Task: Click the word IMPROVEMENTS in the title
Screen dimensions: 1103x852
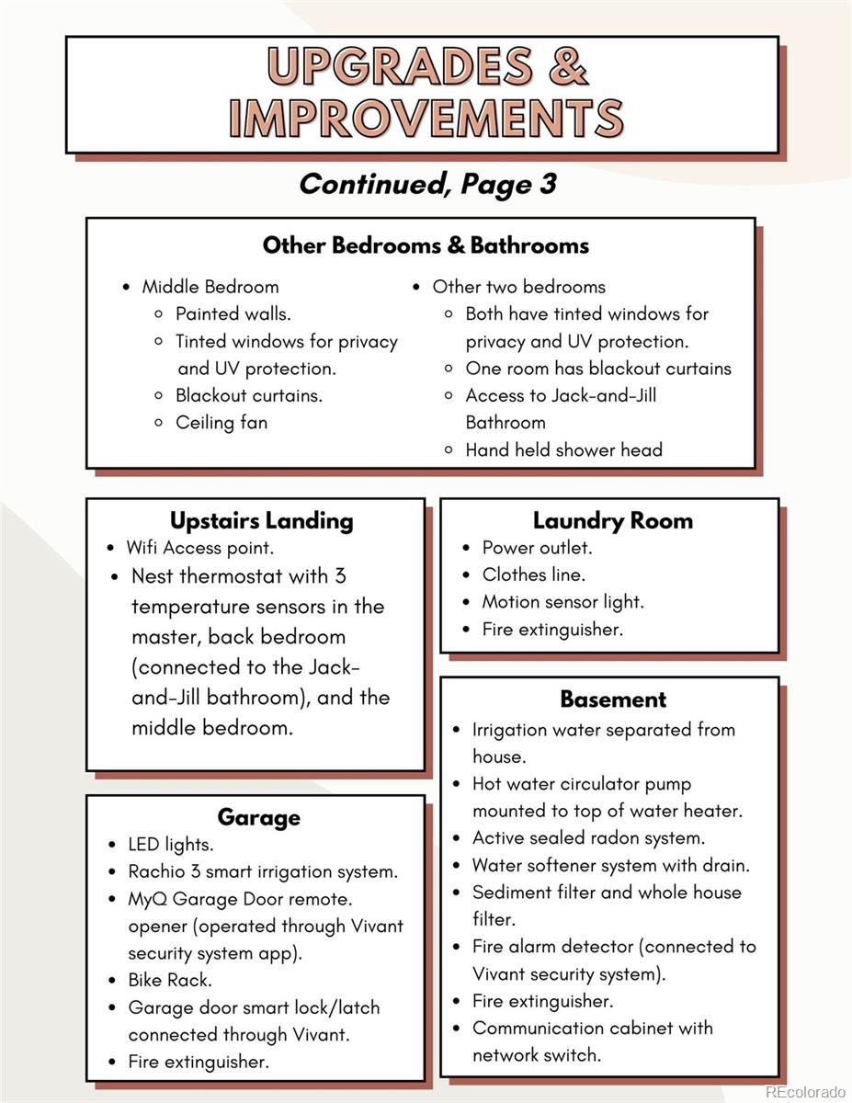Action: click(x=426, y=119)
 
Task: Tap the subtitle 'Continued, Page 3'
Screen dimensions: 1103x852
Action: click(x=427, y=184)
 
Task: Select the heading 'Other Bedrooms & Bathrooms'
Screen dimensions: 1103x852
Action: click(x=426, y=245)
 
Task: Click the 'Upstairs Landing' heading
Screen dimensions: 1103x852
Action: click(x=261, y=520)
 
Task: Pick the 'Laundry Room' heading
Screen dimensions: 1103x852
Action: click(x=612, y=520)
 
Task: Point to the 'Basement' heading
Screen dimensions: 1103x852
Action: click(x=613, y=699)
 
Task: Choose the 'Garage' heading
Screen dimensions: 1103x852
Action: click(x=258, y=817)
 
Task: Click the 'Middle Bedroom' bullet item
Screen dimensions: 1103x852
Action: click(x=210, y=287)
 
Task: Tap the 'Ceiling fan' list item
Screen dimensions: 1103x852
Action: click(x=222, y=423)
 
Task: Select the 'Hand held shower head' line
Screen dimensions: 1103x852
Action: click(x=563, y=449)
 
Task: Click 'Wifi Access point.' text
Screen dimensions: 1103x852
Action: click(x=200, y=548)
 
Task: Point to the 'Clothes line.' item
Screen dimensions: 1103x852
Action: click(x=533, y=574)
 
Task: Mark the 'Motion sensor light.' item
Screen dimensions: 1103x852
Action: click(x=562, y=602)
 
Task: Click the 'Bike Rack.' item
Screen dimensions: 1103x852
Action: click(x=170, y=980)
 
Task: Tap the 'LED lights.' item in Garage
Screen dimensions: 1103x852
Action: click(x=171, y=844)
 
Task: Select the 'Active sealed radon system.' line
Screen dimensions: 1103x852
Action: click(x=588, y=838)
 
